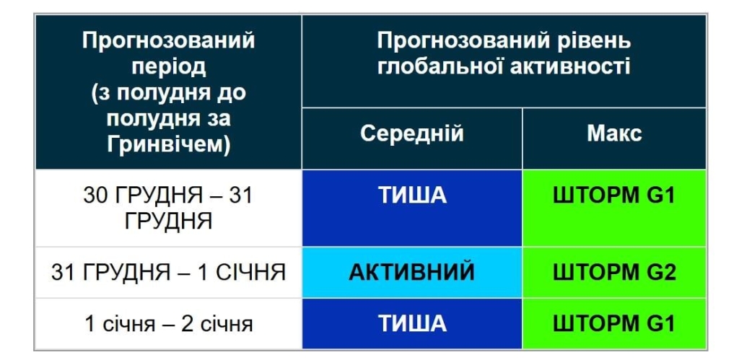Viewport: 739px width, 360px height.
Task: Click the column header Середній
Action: click(411, 134)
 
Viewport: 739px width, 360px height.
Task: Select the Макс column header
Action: click(614, 134)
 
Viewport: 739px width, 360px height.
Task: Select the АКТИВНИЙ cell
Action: click(411, 272)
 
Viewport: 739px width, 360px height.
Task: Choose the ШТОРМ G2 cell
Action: click(614, 272)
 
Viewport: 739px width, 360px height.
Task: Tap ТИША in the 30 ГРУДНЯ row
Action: click(412, 196)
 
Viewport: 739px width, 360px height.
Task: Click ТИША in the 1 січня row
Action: click(412, 323)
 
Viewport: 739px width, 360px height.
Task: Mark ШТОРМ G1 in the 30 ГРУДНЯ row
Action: click(614, 196)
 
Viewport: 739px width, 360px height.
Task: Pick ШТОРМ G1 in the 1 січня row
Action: click(614, 323)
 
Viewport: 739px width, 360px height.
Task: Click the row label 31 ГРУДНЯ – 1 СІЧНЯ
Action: click(168, 272)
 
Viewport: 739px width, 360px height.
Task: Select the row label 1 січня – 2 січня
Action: click(168, 324)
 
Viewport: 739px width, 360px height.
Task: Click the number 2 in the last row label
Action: click(186, 324)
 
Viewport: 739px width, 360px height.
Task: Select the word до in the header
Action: click(230, 92)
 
